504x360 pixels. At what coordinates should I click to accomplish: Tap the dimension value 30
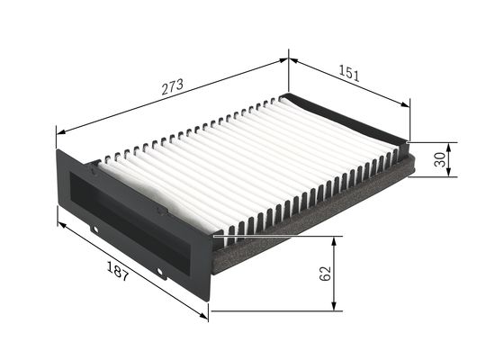[x=438, y=158]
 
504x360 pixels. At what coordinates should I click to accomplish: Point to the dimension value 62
[x=325, y=273]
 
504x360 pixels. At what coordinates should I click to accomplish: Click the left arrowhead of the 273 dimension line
[x=61, y=132]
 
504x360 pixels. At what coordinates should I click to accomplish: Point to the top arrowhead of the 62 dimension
[x=335, y=241]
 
